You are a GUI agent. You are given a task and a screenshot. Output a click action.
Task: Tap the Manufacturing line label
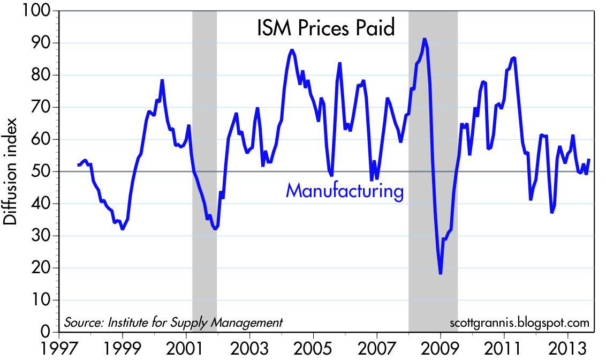tap(345, 191)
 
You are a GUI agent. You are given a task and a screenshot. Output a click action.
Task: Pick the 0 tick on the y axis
tap(46, 332)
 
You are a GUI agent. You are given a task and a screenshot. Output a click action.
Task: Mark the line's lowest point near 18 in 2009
tap(440, 274)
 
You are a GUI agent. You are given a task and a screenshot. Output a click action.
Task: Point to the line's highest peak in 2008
tap(424, 39)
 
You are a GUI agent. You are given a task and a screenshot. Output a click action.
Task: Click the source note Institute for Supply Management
tap(173, 322)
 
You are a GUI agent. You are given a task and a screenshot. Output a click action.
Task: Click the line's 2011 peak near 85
tap(514, 57)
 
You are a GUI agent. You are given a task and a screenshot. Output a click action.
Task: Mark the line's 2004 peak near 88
tap(291, 50)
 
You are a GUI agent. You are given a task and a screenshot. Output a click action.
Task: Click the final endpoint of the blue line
tap(589, 159)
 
